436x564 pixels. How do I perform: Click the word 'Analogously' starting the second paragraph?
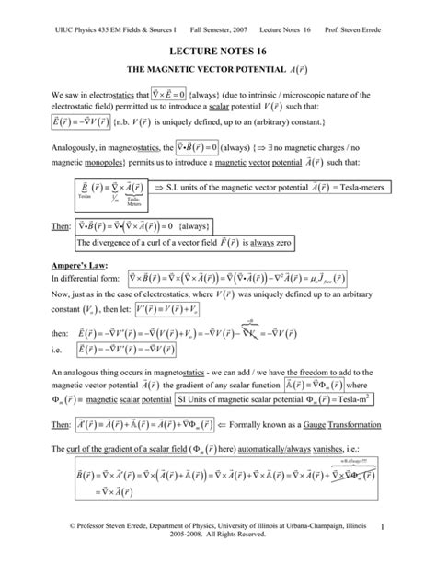[79, 146]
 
